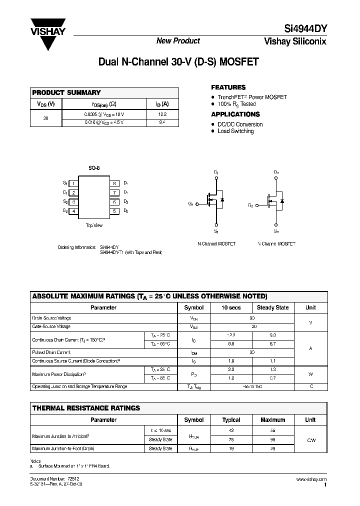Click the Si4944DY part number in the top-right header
pos(304,28)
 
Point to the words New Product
pos(178,41)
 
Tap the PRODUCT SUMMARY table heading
pos(66,92)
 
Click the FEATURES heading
pos(228,87)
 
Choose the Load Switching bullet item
pos(235,131)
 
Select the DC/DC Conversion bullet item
pos(240,124)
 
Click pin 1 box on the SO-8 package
pos(73,183)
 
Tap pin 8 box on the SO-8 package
pos(114,183)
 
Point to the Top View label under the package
pos(94,225)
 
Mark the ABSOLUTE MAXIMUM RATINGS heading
pos(149,296)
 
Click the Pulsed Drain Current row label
pos(51,352)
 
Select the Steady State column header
pos(272,307)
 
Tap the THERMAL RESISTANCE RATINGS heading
pos(86,408)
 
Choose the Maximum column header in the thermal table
pos(272,420)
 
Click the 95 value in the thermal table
pos(272,440)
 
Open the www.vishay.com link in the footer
pos(311,479)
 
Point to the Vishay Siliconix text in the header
pos(295,41)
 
